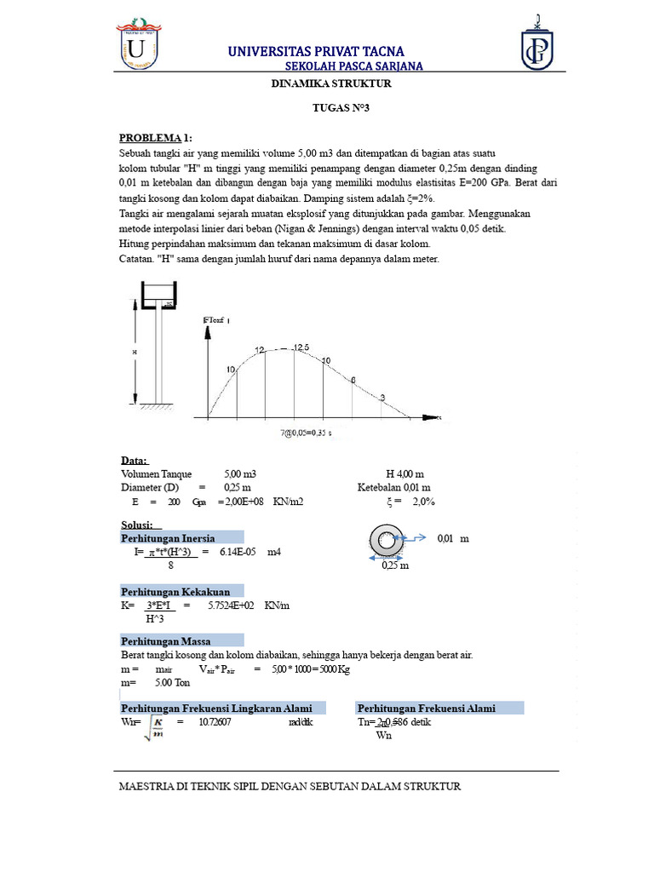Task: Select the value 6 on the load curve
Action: (353, 380)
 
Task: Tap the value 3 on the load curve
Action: (382, 398)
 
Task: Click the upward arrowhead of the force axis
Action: (206, 333)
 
